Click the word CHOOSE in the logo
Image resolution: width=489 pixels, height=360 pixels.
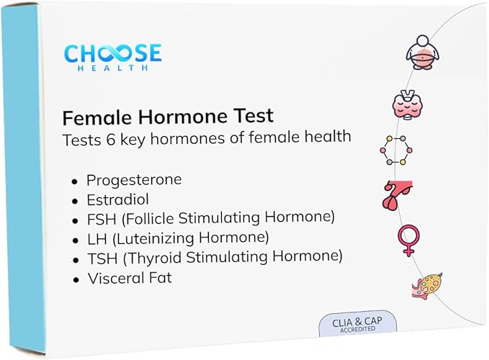pos(113,53)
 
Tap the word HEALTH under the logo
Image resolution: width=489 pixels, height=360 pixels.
pos(112,68)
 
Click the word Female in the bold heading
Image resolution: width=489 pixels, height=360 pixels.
pos(98,117)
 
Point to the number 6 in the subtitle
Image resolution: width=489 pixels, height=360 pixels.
pos(110,140)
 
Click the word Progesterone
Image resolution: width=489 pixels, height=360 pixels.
pos(134,180)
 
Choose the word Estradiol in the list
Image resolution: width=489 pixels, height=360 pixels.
pos(118,199)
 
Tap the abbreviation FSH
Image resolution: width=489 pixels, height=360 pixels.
pos(102,219)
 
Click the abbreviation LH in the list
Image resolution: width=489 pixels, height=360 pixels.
pos(97,239)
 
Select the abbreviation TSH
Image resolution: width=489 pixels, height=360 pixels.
pos(102,258)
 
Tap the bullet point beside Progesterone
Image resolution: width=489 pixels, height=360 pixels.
pos(74,181)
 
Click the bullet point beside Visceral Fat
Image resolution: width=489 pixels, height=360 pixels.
pos(76,279)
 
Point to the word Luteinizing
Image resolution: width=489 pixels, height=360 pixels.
pos(153,239)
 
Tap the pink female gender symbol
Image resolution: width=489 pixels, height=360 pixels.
pos(409,240)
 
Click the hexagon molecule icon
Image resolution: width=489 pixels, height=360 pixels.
pos(396,150)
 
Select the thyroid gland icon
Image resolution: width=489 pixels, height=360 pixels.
pos(408,104)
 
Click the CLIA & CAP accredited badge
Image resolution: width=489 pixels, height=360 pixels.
pos(358,324)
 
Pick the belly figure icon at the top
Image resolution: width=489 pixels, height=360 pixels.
pos(423,53)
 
